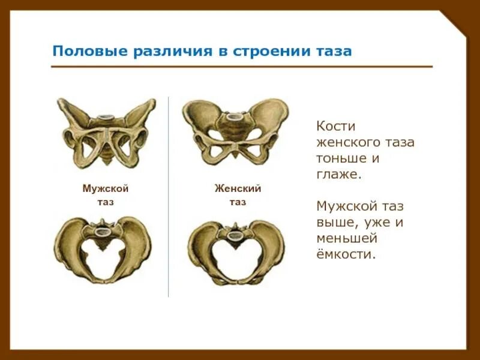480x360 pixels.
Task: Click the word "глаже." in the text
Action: pos(338,175)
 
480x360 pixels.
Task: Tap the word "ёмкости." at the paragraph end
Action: pos(346,254)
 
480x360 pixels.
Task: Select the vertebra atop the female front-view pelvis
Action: pos(236,115)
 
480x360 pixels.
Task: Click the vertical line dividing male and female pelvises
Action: pos(169,198)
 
